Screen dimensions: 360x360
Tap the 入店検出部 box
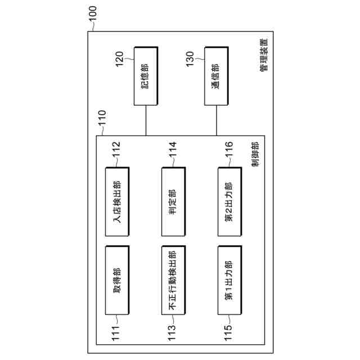tap(117, 201)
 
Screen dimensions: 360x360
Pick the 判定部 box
tap(173, 201)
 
